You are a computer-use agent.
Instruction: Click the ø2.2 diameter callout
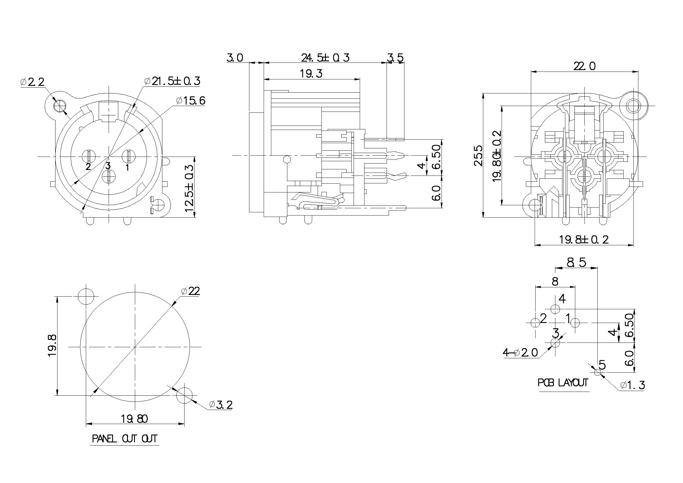pyautogui.click(x=32, y=81)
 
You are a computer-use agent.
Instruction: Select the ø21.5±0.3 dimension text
pyautogui.click(x=172, y=81)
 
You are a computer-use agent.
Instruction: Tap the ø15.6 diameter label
pyautogui.click(x=190, y=101)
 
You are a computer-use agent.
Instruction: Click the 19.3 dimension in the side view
pyautogui.click(x=311, y=74)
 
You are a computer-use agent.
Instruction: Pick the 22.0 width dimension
pyautogui.click(x=585, y=66)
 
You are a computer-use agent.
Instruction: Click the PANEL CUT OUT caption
pyautogui.click(x=124, y=439)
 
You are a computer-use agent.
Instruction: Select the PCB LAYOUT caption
pyautogui.click(x=563, y=383)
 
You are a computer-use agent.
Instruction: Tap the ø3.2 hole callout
pyautogui.click(x=220, y=405)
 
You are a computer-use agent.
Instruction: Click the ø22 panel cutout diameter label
pyautogui.click(x=190, y=291)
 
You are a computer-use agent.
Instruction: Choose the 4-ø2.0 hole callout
pyautogui.click(x=520, y=353)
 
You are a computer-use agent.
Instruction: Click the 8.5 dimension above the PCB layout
pyautogui.click(x=576, y=262)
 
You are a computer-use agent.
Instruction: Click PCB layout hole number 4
pyautogui.click(x=555, y=309)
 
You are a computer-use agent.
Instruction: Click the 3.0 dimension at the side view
pyautogui.click(x=235, y=58)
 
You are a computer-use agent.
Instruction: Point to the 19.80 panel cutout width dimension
pyautogui.click(x=134, y=419)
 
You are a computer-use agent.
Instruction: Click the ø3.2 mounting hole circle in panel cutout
pyautogui.click(x=185, y=395)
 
